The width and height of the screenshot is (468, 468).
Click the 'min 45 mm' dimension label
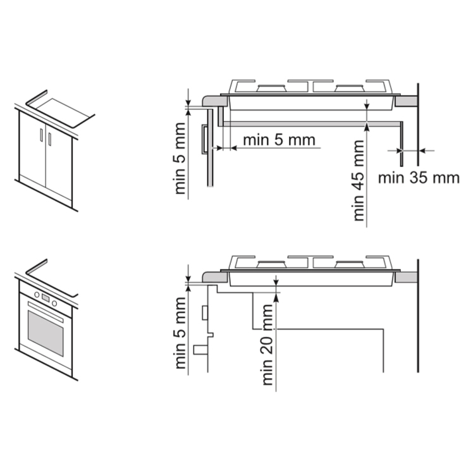pyautogui.click(x=359, y=181)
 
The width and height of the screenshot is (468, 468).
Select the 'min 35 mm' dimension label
pyautogui.click(x=419, y=178)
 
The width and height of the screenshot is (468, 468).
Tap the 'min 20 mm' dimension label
pyautogui.click(x=268, y=345)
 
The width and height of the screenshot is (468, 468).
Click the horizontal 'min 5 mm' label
pyautogui.click(x=279, y=140)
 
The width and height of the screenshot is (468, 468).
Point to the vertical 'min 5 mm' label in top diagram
pyautogui.click(x=180, y=159)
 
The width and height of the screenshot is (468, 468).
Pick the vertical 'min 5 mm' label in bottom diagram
pyautogui.click(x=181, y=333)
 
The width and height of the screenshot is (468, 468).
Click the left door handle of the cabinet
pyautogui.click(x=41, y=135)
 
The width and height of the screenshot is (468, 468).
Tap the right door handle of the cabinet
pyautogui.click(x=49, y=139)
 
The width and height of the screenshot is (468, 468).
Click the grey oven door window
pyautogui.click(x=46, y=333)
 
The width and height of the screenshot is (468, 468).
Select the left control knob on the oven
pyautogui.click(x=37, y=295)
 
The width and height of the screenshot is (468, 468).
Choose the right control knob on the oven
pyautogui.click(x=54, y=304)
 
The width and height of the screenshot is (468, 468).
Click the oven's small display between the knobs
pyautogui.click(x=46, y=298)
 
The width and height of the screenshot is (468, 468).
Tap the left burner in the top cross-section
pyautogui.click(x=271, y=88)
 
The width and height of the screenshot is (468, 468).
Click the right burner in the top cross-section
pyautogui.click(x=350, y=88)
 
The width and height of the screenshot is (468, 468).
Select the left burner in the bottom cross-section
pyautogui.click(x=271, y=264)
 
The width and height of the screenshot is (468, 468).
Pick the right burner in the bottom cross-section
pyautogui.click(x=350, y=264)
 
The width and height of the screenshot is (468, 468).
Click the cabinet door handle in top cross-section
pyautogui.click(x=205, y=139)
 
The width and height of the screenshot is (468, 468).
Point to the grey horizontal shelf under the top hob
pyautogui.click(x=311, y=123)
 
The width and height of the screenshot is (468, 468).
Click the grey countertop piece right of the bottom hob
pyautogui.click(x=405, y=277)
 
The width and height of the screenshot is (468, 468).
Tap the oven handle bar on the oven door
pyautogui.click(x=46, y=312)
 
